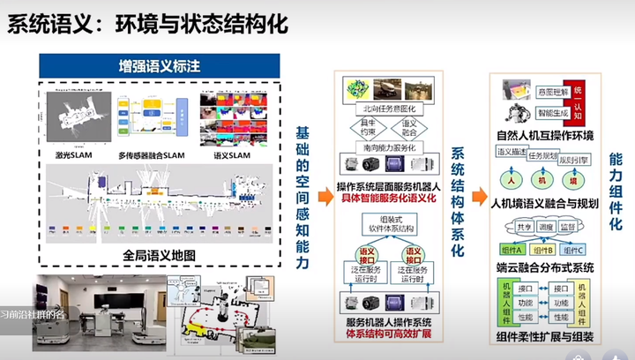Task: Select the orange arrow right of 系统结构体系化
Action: click(x=477, y=197)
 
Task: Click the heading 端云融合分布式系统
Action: click(x=544, y=266)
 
